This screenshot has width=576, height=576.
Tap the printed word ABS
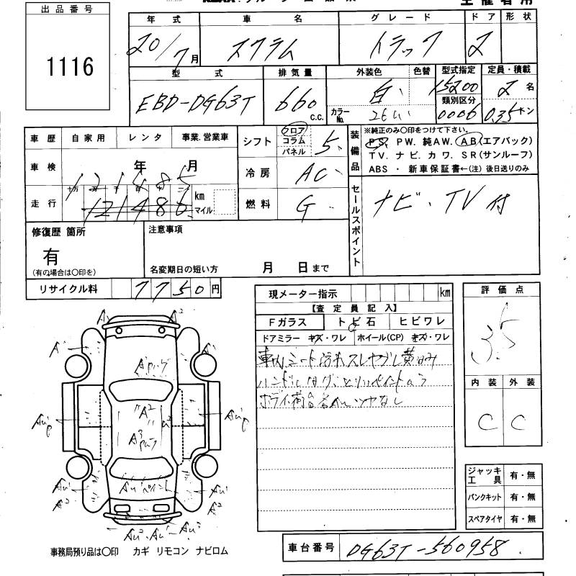(x=379, y=168)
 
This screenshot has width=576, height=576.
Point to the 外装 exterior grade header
(x=522, y=383)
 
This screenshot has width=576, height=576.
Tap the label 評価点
(x=500, y=289)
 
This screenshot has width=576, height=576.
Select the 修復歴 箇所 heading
(x=58, y=232)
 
